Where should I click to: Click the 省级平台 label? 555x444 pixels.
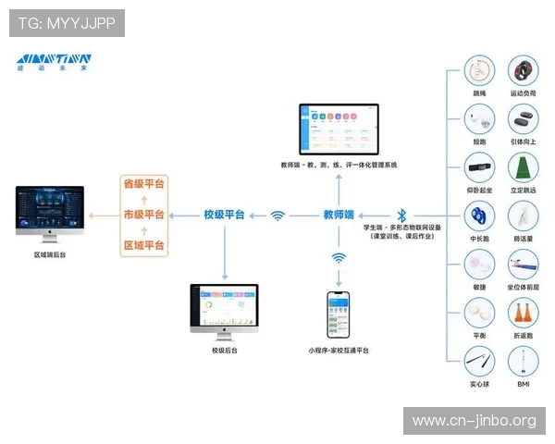pos(143,183)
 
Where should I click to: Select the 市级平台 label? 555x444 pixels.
pos(143,215)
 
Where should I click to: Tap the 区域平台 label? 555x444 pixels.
pos(143,245)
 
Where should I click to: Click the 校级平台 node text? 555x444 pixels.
pos(224,215)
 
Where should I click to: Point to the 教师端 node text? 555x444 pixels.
pos(339,215)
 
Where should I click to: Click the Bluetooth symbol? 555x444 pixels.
pos(401,215)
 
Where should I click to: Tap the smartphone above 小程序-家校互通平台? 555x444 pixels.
pos(339,315)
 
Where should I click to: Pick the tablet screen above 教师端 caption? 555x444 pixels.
pos(339,129)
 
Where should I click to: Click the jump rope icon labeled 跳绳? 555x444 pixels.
pos(478,73)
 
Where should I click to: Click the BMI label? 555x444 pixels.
pos(524,383)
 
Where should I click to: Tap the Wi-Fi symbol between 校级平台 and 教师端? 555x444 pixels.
pos(278,216)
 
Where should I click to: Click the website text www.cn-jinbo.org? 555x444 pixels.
pos(474,421)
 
